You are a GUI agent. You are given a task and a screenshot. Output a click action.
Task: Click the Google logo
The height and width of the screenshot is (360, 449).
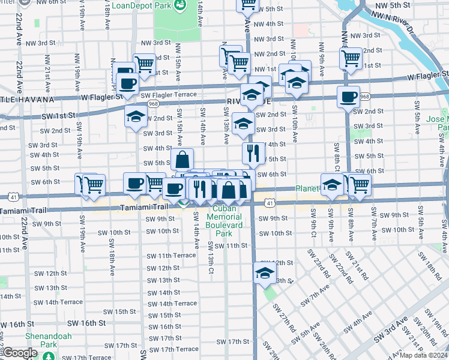[x=20, y=353]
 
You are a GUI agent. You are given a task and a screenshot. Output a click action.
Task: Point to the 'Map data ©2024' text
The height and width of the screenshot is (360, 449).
[x=423, y=355]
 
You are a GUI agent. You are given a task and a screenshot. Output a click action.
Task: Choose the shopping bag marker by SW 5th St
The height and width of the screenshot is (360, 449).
[x=182, y=160]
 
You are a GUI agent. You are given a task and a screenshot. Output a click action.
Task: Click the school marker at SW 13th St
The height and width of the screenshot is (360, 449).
[x=264, y=274]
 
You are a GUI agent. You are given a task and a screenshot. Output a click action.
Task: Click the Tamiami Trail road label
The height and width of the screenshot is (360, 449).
[x=143, y=206]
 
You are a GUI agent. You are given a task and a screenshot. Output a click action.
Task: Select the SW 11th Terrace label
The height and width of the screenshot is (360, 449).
[x=168, y=255]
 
